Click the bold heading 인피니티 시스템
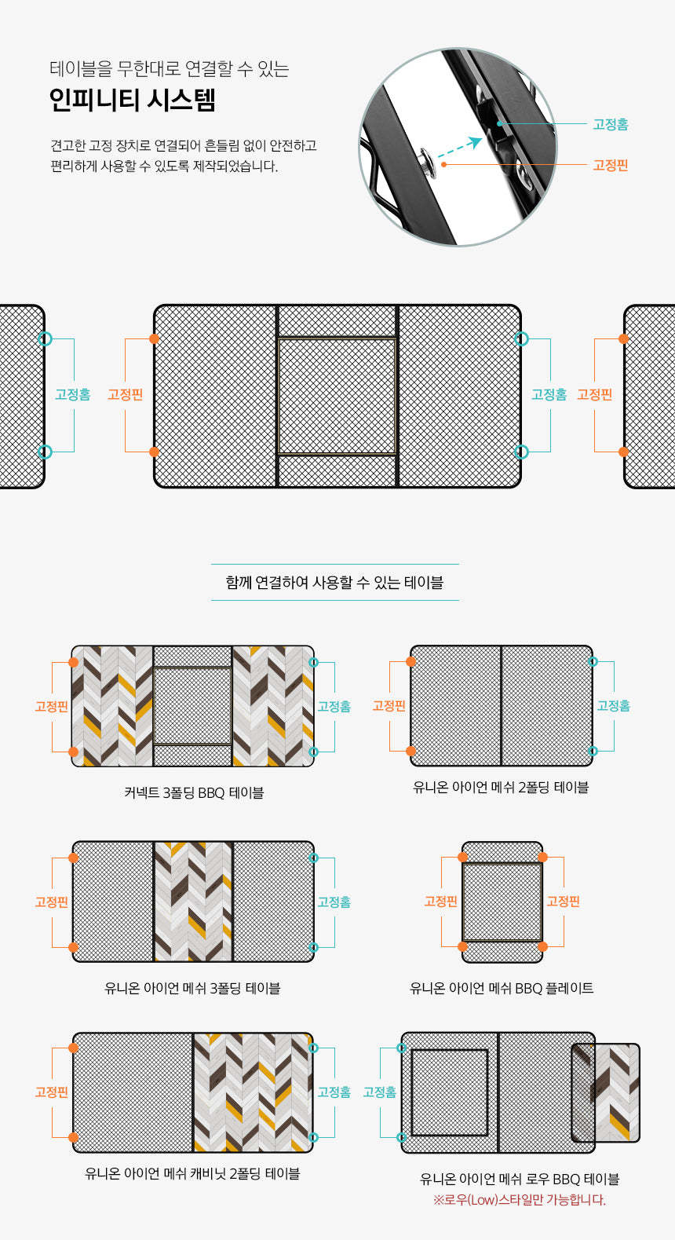(x=132, y=101)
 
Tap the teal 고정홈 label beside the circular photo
(x=611, y=124)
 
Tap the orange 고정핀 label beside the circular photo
(x=611, y=165)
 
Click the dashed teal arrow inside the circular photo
(x=460, y=148)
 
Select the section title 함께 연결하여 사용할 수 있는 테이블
(x=334, y=583)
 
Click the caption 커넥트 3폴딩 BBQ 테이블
(x=194, y=792)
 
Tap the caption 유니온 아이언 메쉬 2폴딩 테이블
(x=501, y=787)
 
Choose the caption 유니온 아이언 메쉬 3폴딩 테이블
(x=192, y=988)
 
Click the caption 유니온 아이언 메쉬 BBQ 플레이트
(x=502, y=988)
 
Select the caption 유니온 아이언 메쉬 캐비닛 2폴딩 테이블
(x=192, y=1173)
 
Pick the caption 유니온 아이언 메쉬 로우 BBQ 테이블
(x=520, y=1179)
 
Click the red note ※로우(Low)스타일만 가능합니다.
(x=520, y=1200)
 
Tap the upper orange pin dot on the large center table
(x=155, y=338)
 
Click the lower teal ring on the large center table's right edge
(x=521, y=452)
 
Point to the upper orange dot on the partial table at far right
(x=623, y=338)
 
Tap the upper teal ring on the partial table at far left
(x=46, y=338)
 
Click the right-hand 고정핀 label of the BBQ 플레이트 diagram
(x=564, y=902)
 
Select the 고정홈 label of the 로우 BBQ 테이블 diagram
(x=380, y=1092)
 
